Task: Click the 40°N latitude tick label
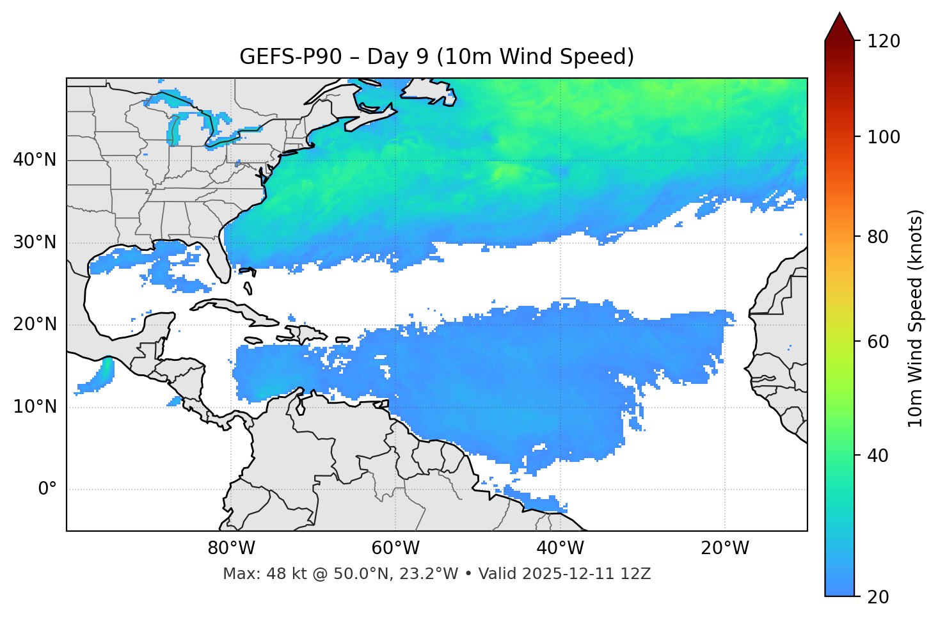(35, 160)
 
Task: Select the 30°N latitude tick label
(35, 242)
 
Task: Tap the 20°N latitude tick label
(35, 324)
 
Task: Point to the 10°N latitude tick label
(35, 407)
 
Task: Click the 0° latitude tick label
(47, 489)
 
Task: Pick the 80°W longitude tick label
(231, 548)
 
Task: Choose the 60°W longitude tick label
(395, 548)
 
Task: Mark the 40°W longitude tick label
(560, 548)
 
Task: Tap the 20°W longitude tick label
(724, 548)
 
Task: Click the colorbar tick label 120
(883, 42)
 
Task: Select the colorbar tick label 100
(883, 137)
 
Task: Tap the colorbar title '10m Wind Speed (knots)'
(916, 318)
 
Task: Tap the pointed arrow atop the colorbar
(839, 27)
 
